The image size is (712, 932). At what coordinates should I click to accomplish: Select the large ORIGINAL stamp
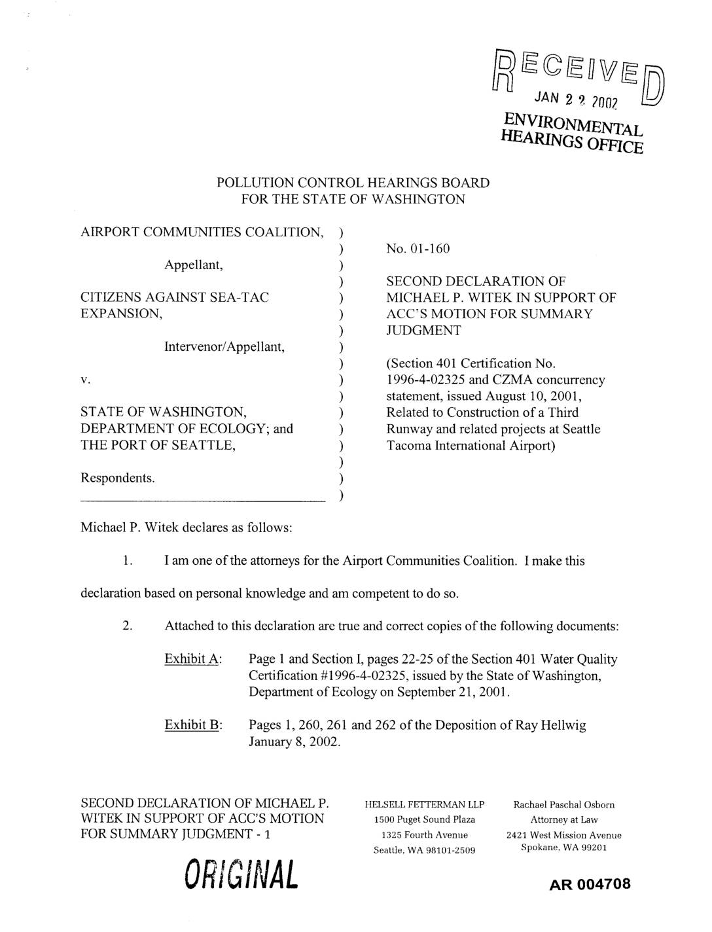241,874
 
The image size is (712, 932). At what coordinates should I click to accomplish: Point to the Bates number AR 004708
590,884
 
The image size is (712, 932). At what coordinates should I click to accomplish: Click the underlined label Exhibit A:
194,658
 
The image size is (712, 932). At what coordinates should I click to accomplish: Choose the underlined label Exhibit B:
194,725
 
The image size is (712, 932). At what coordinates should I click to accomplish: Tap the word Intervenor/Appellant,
224,346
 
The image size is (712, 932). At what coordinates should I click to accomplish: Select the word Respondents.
118,478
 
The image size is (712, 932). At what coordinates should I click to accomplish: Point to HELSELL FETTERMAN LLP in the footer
424,804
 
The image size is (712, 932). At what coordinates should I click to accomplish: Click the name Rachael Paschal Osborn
563,804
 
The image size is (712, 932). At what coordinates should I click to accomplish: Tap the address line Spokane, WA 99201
563,847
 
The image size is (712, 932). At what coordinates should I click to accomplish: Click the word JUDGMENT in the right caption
423,331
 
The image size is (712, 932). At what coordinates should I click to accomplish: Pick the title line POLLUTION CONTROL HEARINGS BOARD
353,183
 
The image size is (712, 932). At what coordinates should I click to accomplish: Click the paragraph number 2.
128,626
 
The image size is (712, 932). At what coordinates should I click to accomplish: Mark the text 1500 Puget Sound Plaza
424,819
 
